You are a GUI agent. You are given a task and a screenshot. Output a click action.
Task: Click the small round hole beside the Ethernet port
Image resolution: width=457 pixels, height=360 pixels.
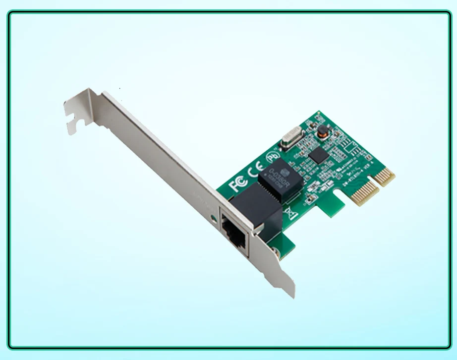pyautogui.click(x=214, y=219)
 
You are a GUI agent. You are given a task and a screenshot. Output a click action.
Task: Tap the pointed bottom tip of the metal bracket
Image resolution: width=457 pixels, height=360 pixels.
pyautogui.click(x=292, y=296)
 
